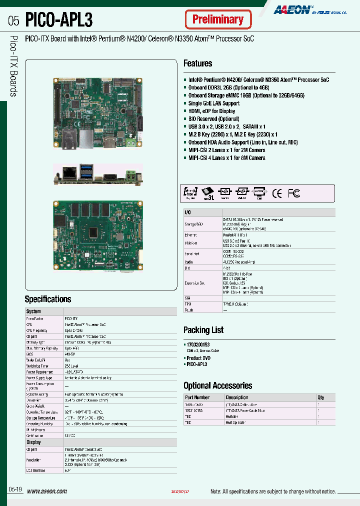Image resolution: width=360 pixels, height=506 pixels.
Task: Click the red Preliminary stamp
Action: [x=217, y=20]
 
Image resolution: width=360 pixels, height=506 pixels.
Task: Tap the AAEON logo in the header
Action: [x=292, y=9]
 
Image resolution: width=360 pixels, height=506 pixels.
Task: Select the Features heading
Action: [x=197, y=63]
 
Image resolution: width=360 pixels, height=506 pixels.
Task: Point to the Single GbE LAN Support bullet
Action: [x=213, y=103]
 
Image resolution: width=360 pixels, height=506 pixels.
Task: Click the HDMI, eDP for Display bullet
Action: [x=211, y=111]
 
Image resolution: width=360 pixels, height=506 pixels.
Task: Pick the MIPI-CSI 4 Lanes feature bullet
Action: [x=226, y=158]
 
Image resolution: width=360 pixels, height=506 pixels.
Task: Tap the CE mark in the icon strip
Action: [x=276, y=193]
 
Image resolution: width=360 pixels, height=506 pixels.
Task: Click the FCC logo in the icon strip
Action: [x=294, y=193]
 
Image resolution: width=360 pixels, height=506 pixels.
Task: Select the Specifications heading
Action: [x=48, y=299]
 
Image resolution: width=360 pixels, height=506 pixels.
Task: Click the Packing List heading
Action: [x=203, y=330]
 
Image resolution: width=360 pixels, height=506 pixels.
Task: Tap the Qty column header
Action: [x=320, y=397]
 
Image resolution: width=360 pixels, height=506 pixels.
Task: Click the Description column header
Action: [x=237, y=397]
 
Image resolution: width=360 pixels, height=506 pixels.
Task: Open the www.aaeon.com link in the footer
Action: [x=46, y=491]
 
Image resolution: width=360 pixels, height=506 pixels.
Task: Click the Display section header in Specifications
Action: [x=33, y=442]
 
